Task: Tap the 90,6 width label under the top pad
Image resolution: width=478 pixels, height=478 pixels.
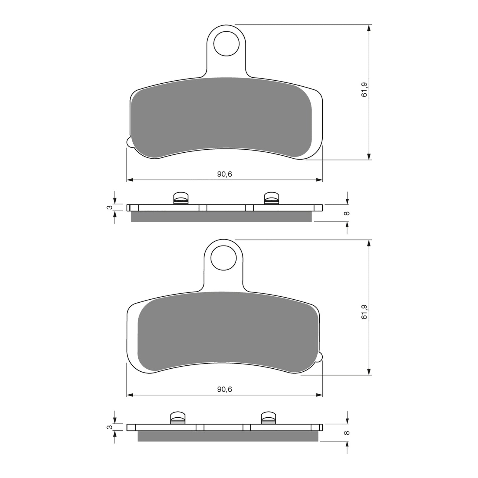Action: pyautogui.click(x=224, y=174)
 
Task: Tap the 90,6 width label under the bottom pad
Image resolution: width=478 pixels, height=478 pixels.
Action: pyautogui.click(x=224, y=389)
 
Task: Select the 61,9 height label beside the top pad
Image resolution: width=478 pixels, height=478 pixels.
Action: pyautogui.click(x=364, y=89)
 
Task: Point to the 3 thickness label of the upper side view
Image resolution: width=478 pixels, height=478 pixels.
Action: pyautogui.click(x=110, y=207)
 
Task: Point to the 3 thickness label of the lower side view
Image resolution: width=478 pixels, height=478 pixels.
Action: pyautogui.click(x=110, y=427)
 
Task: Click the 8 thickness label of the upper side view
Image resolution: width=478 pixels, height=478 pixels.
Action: pyautogui.click(x=347, y=213)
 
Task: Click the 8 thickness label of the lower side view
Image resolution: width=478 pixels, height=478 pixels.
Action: pyautogui.click(x=347, y=433)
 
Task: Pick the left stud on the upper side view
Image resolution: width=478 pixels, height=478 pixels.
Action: pyautogui.click(x=181, y=198)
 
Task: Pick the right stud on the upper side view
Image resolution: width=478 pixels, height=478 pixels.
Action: pyautogui.click(x=272, y=198)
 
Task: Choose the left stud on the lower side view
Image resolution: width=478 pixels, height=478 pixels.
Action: pyautogui.click(x=178, y=418)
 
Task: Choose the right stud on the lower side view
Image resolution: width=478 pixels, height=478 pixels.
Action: pyautogui.click(x=269, y=418)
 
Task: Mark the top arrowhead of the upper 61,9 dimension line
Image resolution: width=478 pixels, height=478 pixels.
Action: pyautogui.click(x=369, y=28)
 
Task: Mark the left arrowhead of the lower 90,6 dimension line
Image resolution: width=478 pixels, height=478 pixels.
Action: pyautogui.click(x=130, y=395)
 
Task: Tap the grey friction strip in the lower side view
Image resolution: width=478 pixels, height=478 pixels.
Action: pyautogui.click(x=227, y=436)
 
